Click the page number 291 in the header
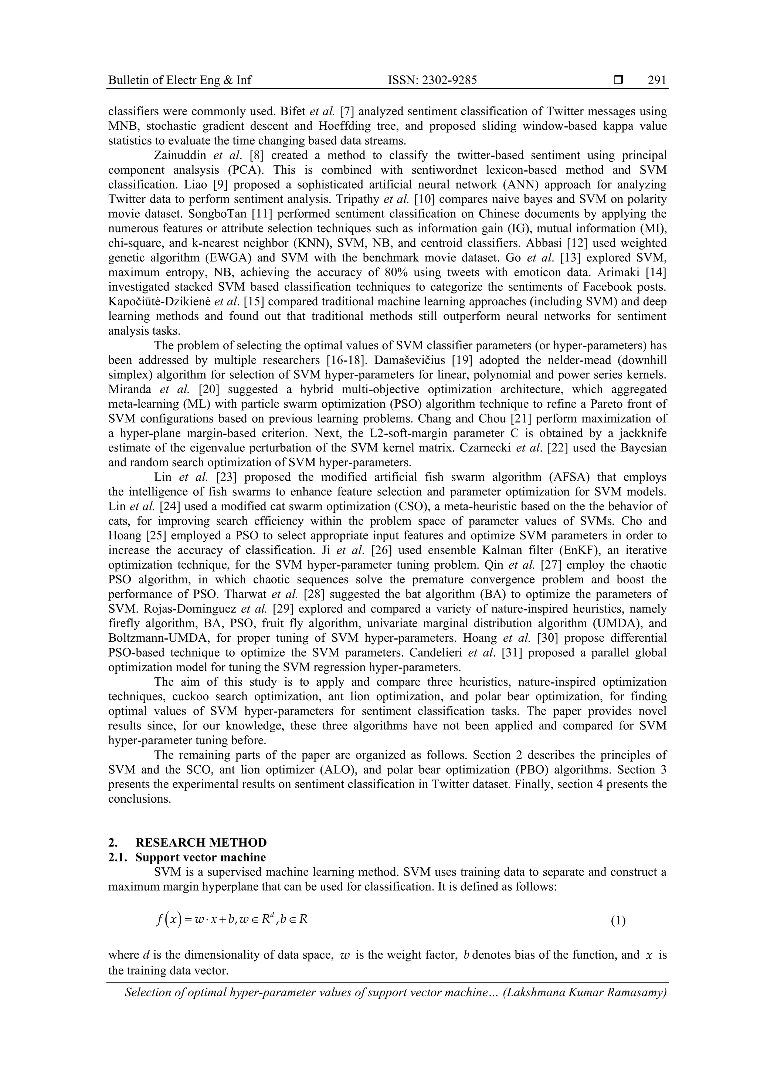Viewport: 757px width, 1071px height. point(657,80)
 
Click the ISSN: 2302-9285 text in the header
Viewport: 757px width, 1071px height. point(432,80)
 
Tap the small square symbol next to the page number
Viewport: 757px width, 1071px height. point(618,80)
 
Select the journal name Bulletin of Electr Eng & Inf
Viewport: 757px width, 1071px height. point(180,80)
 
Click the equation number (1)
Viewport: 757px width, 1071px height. point(618,920)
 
